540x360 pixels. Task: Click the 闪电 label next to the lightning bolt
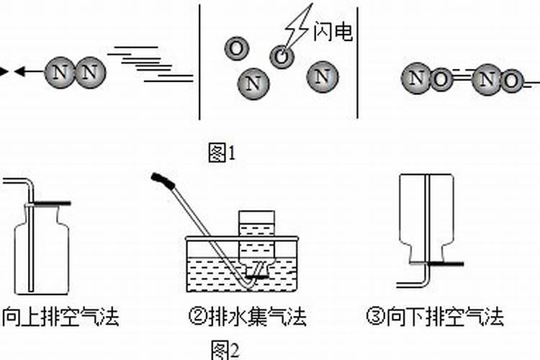point(333,32)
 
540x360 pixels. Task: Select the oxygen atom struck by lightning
point(281,55)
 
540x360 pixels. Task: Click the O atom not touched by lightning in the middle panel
point(235,48)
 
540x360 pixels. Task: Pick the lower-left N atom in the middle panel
point(252,84)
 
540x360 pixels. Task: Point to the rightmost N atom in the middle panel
point(322,76)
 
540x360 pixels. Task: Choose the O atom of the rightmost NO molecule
point(510,82)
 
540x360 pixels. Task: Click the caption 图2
point(224,349)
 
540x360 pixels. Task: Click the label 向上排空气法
point(60,317)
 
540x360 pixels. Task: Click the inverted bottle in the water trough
point(256,238)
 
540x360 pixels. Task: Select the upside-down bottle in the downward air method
point(426,216)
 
